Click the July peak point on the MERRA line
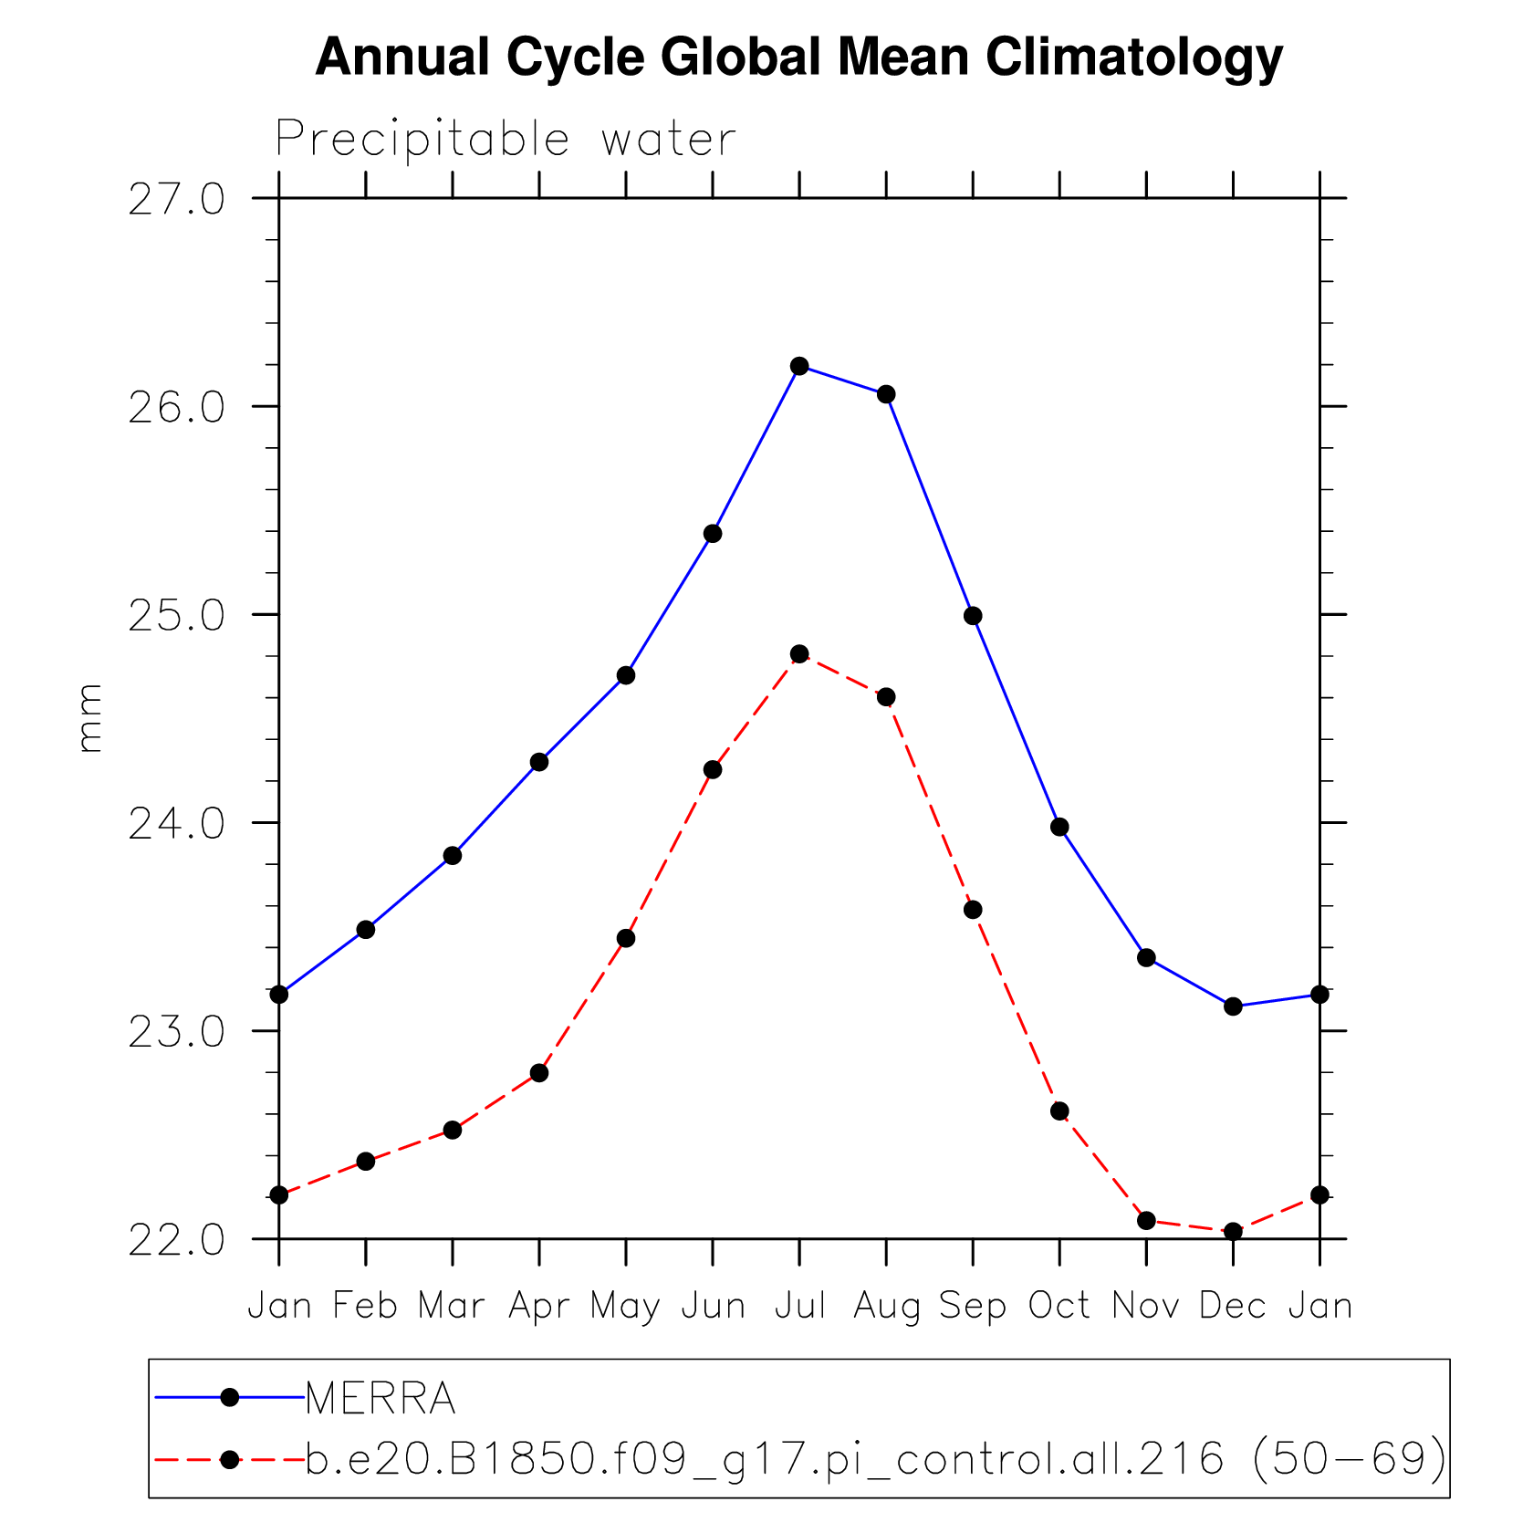(799, 366)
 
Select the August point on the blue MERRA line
(886, 394)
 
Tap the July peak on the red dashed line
(799, 654)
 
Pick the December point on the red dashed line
(1233, 1231)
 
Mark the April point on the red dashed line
(539, 1073)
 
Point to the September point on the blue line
(973, 616)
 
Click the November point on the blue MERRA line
(1147, 957)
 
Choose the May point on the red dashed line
(626, 938)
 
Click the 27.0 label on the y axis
(176, 200)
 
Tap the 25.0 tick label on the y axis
(176, 617)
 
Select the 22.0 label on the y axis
(176, 1241)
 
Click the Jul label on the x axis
(800, 1306)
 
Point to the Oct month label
(1059, 1306)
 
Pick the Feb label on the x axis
(365, 1306)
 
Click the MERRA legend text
(381, 1398)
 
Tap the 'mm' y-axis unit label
(89, 718)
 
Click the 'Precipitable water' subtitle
(506, 140)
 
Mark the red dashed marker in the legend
(230, 1460)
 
